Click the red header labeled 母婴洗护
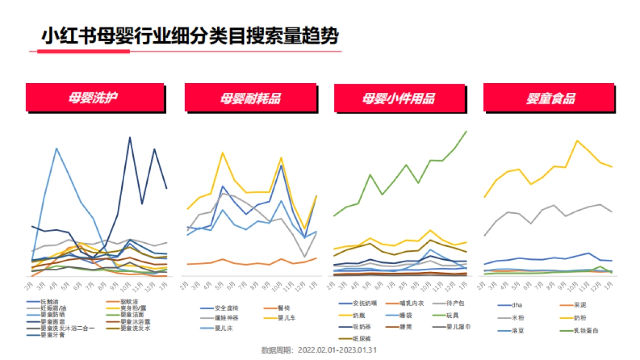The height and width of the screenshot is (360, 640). (94, 98)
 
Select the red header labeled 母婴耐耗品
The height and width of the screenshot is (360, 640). (251, 98)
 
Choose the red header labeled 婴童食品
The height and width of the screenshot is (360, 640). (551, 98)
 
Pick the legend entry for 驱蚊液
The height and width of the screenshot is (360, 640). (128, 302)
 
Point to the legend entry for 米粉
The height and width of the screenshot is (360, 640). (517, 317)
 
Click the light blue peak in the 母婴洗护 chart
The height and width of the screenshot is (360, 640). (56, 148)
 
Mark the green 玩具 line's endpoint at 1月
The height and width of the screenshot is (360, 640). (467, 131)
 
